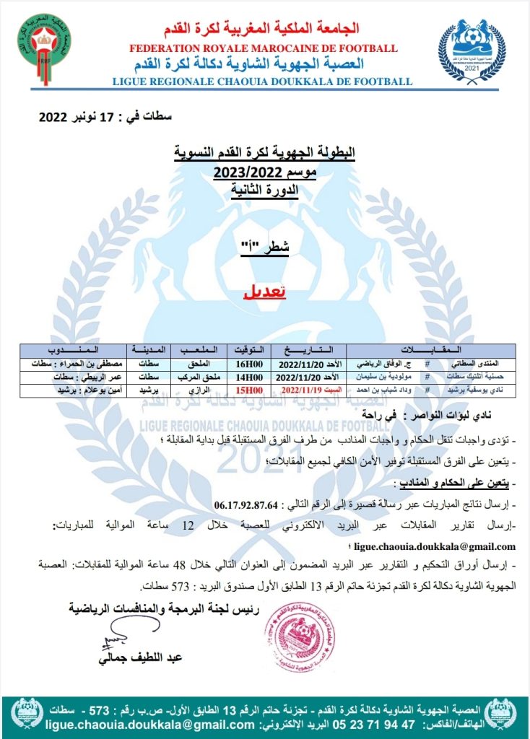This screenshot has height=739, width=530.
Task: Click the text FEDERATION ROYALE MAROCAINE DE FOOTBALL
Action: click(x=263, y=48)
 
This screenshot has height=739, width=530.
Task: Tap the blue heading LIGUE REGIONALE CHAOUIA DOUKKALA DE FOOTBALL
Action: click(x=263, y=82)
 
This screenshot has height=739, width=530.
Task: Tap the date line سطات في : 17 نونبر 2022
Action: click(x=105, y=118)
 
